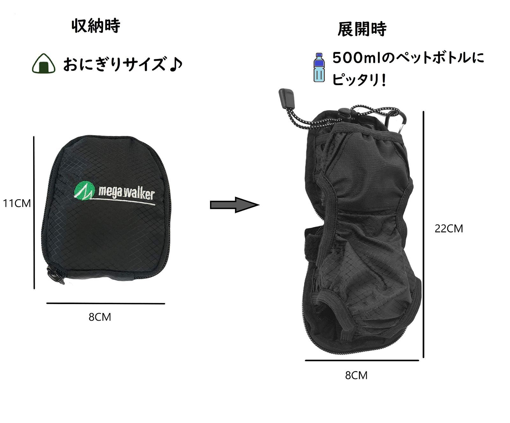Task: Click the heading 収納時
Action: (96, 26)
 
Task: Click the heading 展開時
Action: (362, 29)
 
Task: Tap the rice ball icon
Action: (44, 64)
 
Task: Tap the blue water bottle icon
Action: (319, 68)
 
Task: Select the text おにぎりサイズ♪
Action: (123, 64)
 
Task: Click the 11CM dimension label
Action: (17, 203)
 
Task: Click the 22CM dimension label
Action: (449, 229)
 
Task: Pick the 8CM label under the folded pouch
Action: (100, 317)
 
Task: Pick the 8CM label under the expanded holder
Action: (356, 375)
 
